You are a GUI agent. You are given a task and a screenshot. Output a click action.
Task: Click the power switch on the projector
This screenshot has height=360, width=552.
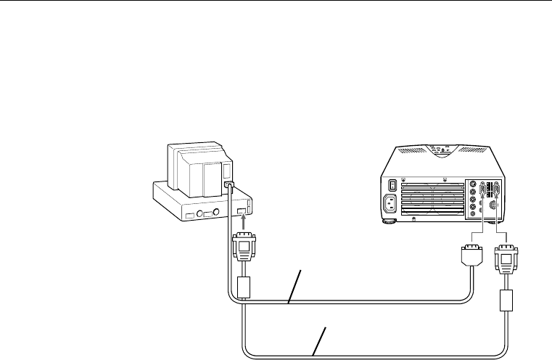tap(393, 184)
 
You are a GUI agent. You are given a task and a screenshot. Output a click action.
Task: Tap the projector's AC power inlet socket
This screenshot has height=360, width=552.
tap(393, 206)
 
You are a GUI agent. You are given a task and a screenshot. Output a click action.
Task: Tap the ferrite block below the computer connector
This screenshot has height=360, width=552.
tap(244, 286)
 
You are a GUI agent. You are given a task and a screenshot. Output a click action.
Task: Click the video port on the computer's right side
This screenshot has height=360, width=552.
tap(242, 211)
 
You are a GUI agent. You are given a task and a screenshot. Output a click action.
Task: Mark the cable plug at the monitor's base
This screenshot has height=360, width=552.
tap(229, 187)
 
